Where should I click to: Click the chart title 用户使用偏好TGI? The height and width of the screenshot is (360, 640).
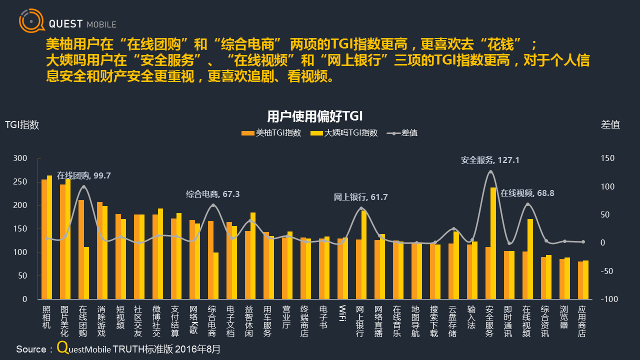click(x=314, y=116)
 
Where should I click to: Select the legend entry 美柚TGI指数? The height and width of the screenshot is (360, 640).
click(x=271, y=133)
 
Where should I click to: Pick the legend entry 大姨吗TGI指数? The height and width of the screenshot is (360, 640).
click(x=344, y=133)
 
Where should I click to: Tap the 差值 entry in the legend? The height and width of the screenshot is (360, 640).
click(x=403, y=133)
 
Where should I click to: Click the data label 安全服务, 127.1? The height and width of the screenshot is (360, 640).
click(x=490, y=160)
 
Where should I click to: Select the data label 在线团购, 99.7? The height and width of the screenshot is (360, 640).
click(x=83, y=175)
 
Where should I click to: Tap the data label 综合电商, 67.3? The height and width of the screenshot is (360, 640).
click(x=212, y=194)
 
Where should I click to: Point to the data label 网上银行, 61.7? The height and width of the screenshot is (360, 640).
click(x=360, y=197)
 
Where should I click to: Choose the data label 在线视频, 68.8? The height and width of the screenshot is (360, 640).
click(x=527, y=192)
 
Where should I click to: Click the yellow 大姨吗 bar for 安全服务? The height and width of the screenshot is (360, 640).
click(x=493, y=243)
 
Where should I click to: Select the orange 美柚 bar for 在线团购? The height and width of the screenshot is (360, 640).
click(x=81, y=249)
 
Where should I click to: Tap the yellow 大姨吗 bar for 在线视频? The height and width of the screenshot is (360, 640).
click(x=530, y=258)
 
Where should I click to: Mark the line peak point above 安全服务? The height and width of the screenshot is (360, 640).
click(x=490, y=171)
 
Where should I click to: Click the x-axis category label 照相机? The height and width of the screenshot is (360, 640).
click(x=46, y=317)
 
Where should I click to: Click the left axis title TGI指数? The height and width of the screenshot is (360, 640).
click(x=22, y=125)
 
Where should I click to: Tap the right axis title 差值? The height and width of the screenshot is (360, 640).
click(x=610, y=125)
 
